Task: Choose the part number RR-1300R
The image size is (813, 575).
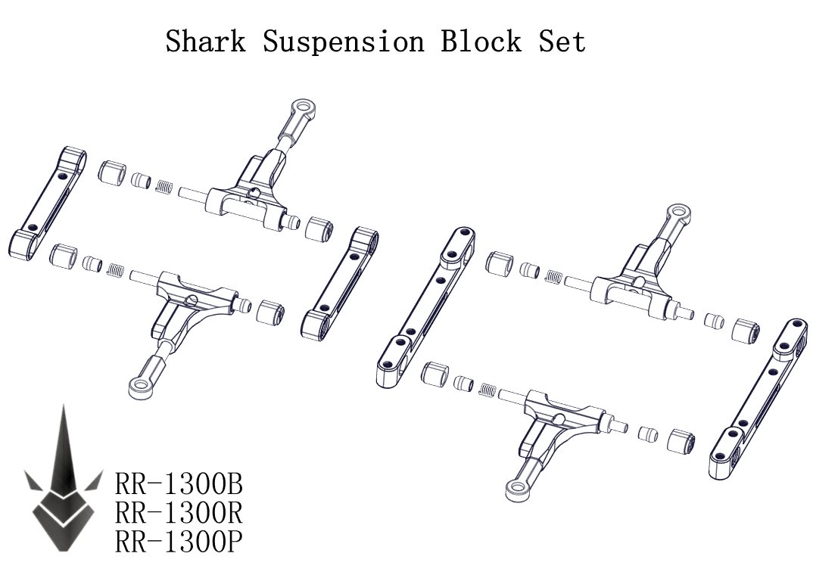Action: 179,513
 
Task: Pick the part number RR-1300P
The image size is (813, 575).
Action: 179,542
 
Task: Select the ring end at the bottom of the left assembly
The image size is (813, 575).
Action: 141,387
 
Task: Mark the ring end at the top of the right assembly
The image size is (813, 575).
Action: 676,213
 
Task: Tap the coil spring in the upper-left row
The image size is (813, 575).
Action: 164,185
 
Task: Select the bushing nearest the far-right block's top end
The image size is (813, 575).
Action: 746,331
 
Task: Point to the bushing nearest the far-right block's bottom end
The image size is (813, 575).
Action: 682,441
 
